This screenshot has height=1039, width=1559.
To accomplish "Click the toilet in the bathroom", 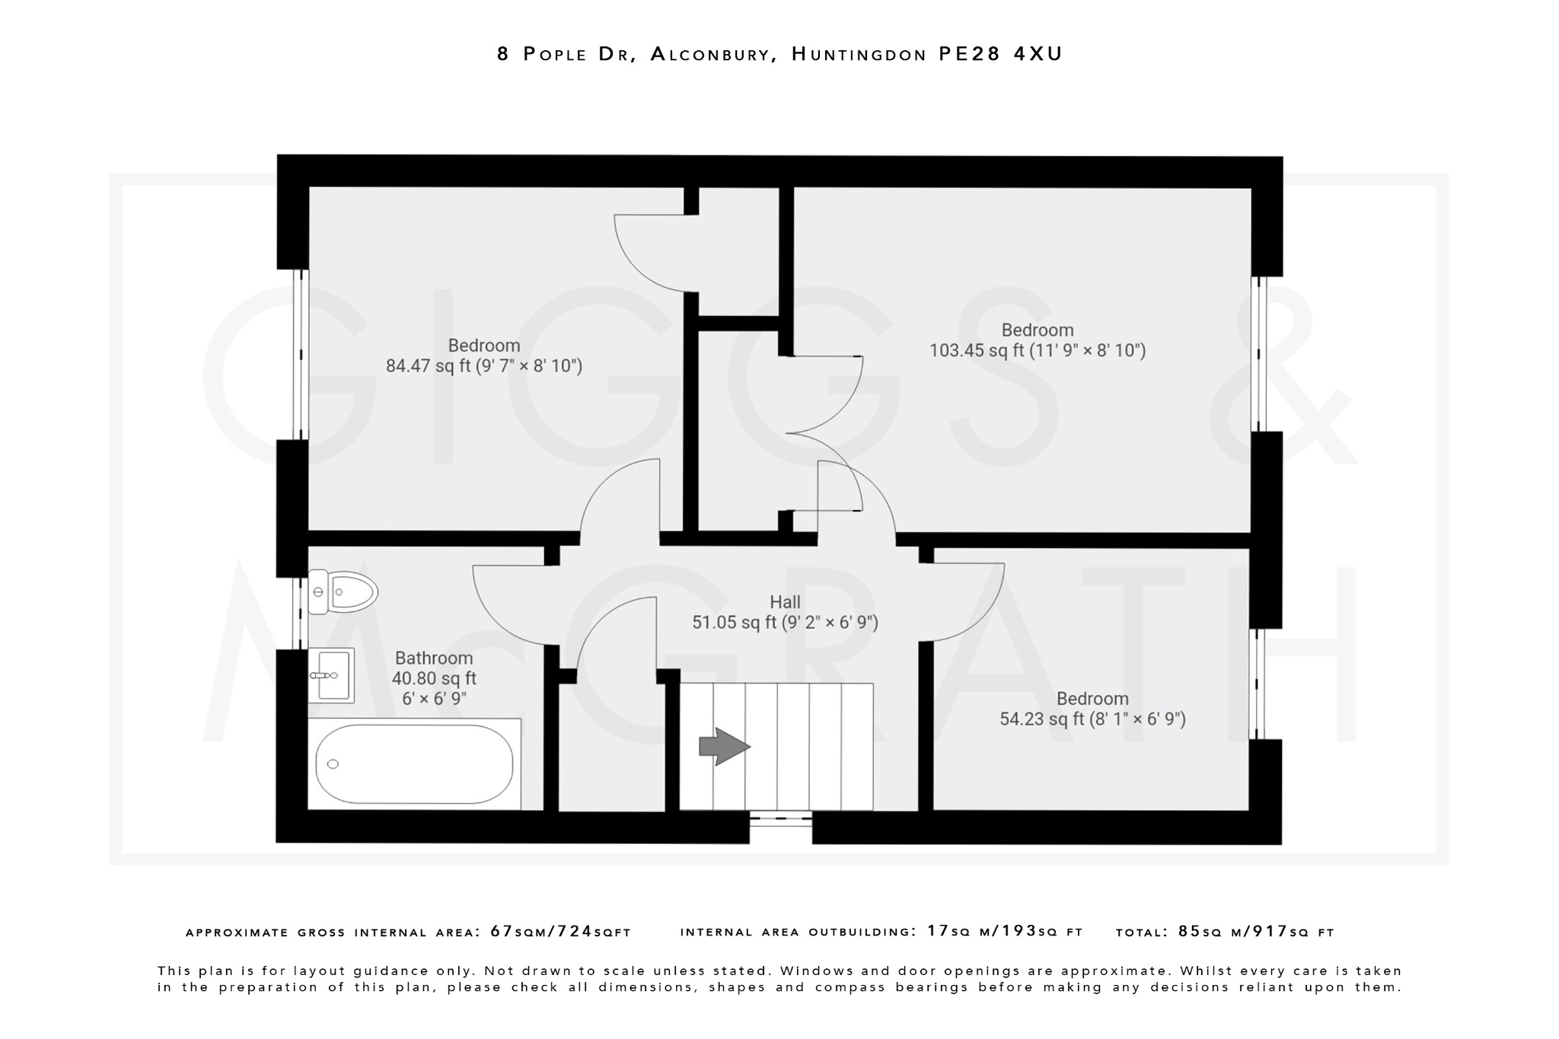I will click(344, 591).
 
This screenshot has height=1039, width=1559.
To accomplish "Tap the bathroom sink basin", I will click(332, 675).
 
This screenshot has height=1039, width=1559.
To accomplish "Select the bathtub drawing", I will click(414, 764).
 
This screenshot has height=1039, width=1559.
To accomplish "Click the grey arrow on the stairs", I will click(724, 746).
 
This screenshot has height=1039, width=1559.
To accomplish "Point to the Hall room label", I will click(785, 602).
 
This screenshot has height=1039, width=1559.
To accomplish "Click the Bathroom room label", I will click(433, 658).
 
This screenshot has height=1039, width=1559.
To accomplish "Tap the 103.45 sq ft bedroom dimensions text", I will click(1037, 351).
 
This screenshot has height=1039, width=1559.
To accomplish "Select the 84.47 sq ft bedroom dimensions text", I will click(483, 366).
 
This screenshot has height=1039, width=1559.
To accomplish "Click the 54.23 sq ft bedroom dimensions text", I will click(1092, 719).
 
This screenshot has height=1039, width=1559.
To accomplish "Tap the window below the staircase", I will click(780, 820).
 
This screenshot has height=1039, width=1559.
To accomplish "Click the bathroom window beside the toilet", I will click(299, 613).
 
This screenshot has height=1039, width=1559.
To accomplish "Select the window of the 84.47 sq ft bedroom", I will click(301, 354).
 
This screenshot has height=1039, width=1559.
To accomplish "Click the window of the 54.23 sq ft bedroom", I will click(1257, 684).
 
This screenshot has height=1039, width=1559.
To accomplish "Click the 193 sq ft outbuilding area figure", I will click(1020, 931).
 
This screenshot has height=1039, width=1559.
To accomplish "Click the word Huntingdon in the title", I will click(859, 54).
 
